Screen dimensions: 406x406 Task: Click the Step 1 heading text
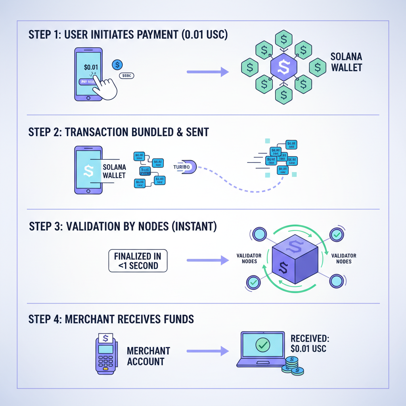click(128, 34)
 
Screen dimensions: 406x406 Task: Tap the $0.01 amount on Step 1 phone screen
click(91, 67)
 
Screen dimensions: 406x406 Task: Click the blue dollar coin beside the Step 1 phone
click(117, 65)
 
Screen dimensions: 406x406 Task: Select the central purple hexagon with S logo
click(284, 67)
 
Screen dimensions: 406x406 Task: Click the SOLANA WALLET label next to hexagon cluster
click(347, 62)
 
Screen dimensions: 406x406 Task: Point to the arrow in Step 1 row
click(208, 72)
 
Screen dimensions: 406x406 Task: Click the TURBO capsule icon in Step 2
click(185, 167)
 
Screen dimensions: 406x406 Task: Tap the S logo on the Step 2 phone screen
click(89, 171)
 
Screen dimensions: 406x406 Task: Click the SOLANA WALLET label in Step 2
click(114, 171)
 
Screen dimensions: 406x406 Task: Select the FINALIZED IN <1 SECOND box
click(138, 260)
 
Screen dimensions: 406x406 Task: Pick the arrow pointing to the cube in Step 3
click(208, 260)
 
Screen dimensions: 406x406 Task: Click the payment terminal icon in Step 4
click(105, 353)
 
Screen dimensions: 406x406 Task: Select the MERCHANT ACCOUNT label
click(149, 356)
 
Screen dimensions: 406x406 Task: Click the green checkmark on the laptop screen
click(262, 345)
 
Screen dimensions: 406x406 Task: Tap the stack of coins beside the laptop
click(292, 366)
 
